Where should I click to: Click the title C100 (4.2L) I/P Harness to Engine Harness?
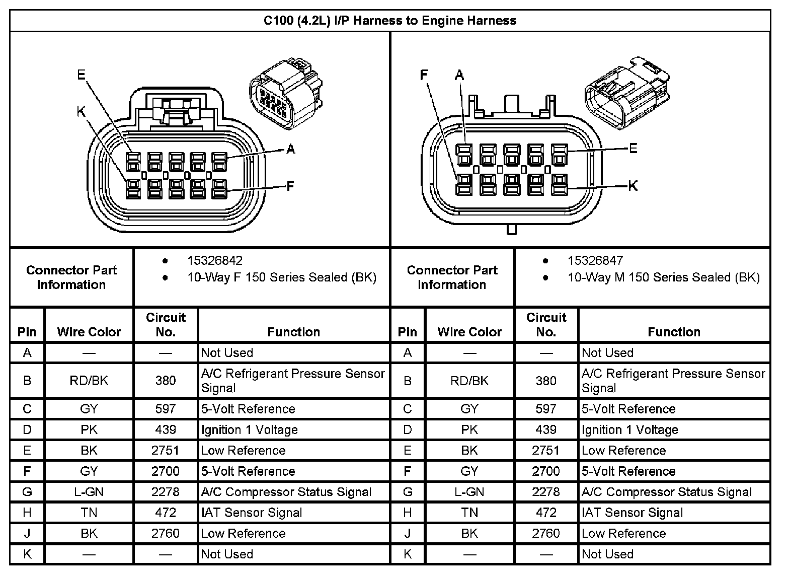click(x=390, y=21)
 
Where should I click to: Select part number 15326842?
click(x=215, y=260)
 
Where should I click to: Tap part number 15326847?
click(x=595, y=260)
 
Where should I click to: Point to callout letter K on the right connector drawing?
click(x=633, y=186)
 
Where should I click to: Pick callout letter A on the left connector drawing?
click(x=290, y=149)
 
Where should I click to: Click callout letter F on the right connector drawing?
click(x=424, y=75)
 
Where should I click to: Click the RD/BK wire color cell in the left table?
click(x=89, y=381)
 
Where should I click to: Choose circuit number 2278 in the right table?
click(x=546, y=492)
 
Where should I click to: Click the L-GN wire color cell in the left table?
click(x=89, y=492)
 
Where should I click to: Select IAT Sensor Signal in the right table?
click(x=632, y=513)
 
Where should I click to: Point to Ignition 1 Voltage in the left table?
click(x=249, y=429)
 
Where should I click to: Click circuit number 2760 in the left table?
click(x=166, y=533)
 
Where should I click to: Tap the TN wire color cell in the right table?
click(x=469, y=513)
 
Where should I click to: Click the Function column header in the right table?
click(x=674, y=332)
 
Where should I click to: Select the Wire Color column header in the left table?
click(x=89, y=332)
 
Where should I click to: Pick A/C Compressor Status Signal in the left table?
click(x=286, y=492)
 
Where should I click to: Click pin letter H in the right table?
click(x=408, y=513)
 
